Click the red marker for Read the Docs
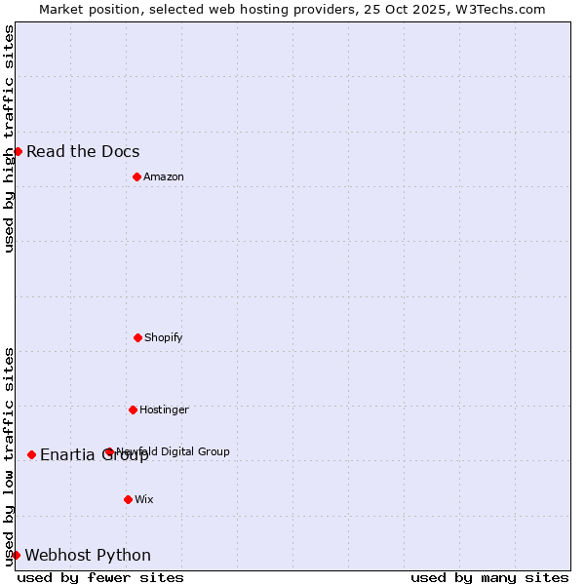(18, 151)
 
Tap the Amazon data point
(136, 176)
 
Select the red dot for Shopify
(137, 337)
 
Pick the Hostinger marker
(133, 409)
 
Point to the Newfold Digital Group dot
(109, 451)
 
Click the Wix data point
(128, 499)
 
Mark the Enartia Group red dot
(31, 454)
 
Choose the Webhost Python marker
(16, 555)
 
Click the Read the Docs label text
(83, 151)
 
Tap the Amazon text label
(164, 176)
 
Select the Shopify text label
(164, 337)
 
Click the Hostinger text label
(164, 409)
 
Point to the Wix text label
(144, 499)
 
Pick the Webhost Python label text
(88, 555)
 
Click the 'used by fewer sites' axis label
(100, 577)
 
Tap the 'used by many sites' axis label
(489, 577)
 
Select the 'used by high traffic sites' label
(9, 138)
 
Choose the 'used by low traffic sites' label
(9, 456)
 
